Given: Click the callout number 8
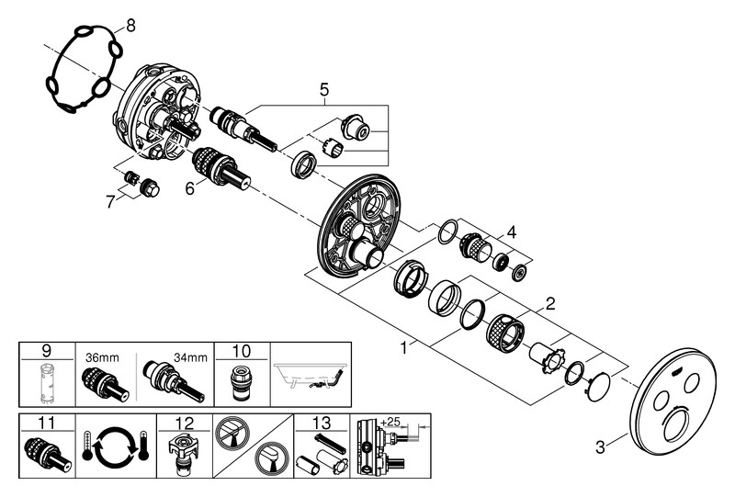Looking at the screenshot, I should click(x=130, y=25).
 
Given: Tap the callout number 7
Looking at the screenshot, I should click(x=110, y=201).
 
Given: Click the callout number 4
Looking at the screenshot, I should click(x=511, y=232).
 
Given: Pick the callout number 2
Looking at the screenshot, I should click(x=550, y=301).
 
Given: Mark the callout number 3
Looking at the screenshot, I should click(x=599, y=447).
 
